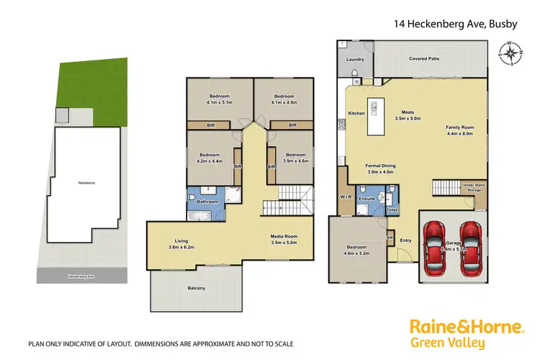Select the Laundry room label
click(355, 60)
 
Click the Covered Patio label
click(425, 58)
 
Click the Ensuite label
click(366, 197)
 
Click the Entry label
click(405, 241)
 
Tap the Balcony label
click(196, 288)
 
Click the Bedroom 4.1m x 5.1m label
click(220, 100)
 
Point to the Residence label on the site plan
click(86, 183)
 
